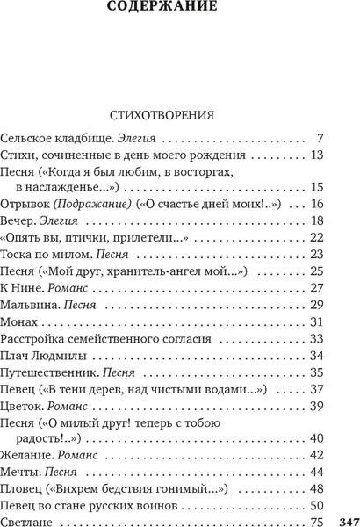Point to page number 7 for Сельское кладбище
pos(321,139)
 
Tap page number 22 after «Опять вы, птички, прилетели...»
pos(318,239)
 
